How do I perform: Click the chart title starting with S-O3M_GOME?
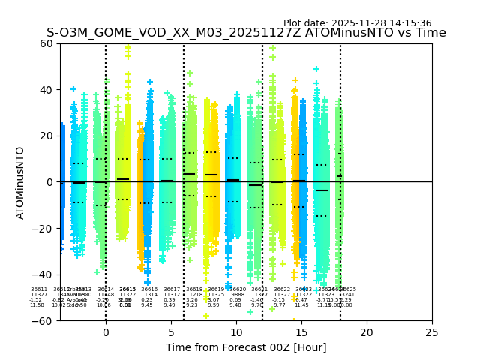pyautogui.click(x=246, y=33)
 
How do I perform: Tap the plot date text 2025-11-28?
pyautogui.click(x=357, y=23)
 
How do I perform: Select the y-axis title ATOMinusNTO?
pyautogui.click(x=20, y=182)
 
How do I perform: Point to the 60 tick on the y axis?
pyautogui.click(x=46, y=43)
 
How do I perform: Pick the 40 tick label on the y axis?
pyautogui.click(x=46, y=90)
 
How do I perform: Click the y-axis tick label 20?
pyautogui.click(x=46, y=136)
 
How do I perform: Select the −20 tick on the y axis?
pyautogui.click(x=43, y=229)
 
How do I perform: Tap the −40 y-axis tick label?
pyautogui.click(x=43, y=274)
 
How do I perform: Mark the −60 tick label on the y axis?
pyautogui.click(x=43, y=321)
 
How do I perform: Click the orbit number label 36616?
pyautogui.click(x=149, y=289)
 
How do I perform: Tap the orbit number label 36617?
pyautogui.click(x=172, y=289)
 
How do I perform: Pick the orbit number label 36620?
pyautogui.click(x=238, y=289)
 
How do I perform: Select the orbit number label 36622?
pyautogui.click(x=282, y=289)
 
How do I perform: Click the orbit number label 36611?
pyautogui.click(x=39, y=289)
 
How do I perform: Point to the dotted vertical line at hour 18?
pyautogui.click(x=340, y=150)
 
